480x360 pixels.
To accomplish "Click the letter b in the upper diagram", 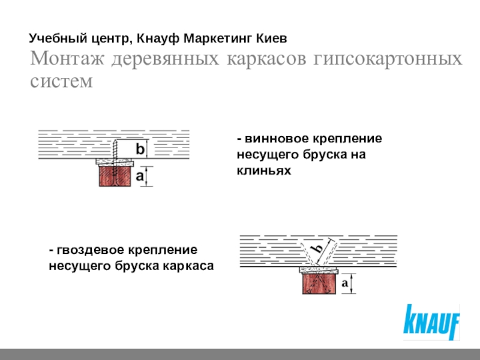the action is [x=139, y=148].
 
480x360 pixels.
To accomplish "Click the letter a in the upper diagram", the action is [x=139, y=176].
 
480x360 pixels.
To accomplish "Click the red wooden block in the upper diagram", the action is [x=114, y=176].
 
